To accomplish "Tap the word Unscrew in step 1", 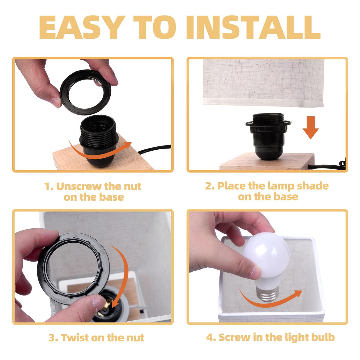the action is point(79,186).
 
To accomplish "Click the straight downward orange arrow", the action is point(311,128).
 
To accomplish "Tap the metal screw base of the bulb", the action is point(268,294).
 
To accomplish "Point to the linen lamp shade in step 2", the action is point(263,83).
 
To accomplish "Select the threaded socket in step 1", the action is point(99,141).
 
